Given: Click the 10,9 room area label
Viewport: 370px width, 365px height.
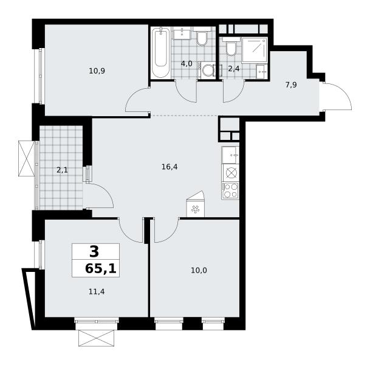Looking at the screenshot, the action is point(97,71).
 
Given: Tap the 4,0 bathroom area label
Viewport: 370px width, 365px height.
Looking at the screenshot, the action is point(187,63).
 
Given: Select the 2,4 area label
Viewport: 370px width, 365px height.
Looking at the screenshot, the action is point(234,69).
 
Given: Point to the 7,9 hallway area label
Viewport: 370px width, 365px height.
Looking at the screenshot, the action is point(291,85).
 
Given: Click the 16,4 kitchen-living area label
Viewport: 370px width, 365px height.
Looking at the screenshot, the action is point(170,167).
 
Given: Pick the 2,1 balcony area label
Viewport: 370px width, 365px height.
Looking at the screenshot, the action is point(62,170).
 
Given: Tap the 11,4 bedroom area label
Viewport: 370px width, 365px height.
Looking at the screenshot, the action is point(97,292).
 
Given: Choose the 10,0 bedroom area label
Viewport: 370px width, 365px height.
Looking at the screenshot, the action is point(199,270).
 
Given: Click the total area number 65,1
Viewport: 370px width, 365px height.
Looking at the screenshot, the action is point(101,269).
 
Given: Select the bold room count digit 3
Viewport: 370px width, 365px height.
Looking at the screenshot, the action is point(94,252).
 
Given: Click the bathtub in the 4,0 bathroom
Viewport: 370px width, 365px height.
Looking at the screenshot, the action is point(161,52).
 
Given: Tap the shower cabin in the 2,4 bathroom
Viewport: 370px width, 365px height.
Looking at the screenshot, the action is point(255,50).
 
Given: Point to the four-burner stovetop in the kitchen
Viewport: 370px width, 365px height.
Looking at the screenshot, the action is point(230,190).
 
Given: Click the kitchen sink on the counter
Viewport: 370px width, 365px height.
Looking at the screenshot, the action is point(230,155).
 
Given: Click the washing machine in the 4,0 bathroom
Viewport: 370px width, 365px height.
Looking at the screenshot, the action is point(207,70).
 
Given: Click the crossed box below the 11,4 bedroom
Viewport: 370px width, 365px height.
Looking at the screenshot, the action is point(96,338).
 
